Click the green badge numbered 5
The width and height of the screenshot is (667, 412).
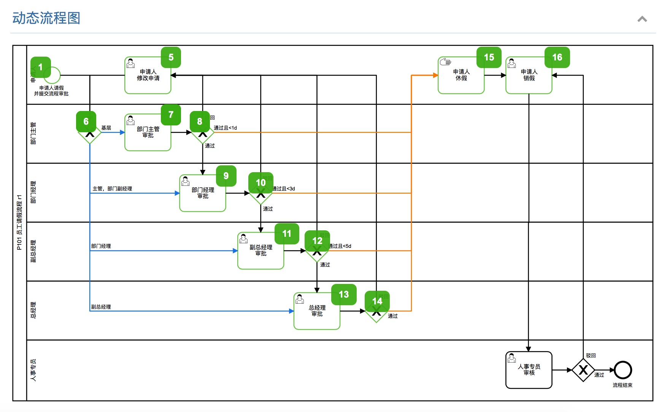(x=171, y=57)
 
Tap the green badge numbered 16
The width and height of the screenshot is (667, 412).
(x=557, y=57)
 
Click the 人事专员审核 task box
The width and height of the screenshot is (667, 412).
(x=529, y=370)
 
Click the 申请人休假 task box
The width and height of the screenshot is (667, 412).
(x=461, y=76)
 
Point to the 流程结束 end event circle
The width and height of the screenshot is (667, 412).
(x=623, y=370)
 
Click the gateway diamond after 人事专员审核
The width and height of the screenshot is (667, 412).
(x=583, y=370)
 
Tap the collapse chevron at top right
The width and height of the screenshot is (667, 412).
(x=642, y=19)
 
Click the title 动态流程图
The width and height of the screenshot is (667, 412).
(x=46, y=18)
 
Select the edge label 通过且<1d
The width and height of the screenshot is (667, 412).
(x=225, y=128)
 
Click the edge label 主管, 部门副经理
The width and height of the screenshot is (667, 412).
(x=112, y=189)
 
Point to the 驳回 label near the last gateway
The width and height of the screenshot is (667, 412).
(x=591, y=356)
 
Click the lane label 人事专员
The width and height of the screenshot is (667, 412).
(x=33, y=370)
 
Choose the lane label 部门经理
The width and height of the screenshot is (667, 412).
(x=33, y=192)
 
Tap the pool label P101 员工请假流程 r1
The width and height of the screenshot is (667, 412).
(x=19, y=222)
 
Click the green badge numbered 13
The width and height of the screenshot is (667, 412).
(x=344, y=295)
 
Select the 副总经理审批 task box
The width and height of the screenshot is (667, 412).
(x=260, y=251)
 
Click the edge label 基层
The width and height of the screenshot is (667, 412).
(x=106, y=128)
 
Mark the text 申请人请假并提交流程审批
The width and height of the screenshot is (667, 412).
(x=51, y=91)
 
